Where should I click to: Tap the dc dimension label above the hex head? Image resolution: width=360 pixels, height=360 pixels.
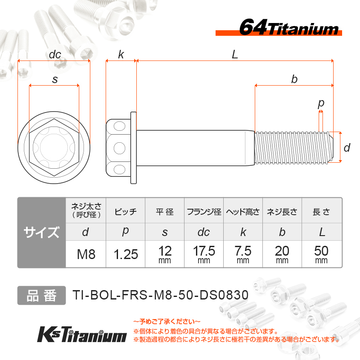pyautogui.click(x=55, y=55)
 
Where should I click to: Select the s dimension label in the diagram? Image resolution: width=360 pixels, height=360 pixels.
pyautogui.click(x=55, y=80)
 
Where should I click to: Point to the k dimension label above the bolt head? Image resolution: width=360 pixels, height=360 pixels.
pyautogui.click(x=121, y=55)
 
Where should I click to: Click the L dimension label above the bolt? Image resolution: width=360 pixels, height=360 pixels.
pyautogui.click(x=235, y=55)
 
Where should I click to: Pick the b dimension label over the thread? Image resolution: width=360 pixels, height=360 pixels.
pyautogui.click(x=294, y=79)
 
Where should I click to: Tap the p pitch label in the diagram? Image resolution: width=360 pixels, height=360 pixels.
pyautogui.click(x=321, y=104)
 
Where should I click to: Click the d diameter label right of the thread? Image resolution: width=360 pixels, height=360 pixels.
pyautogui.click(x=347, y=147)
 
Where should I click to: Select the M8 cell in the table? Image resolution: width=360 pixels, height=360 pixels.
pyautogui.click(x=86, y=254)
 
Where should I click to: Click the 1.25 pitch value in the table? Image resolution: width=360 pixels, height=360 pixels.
pyautogui.click(x=126, y=254)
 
